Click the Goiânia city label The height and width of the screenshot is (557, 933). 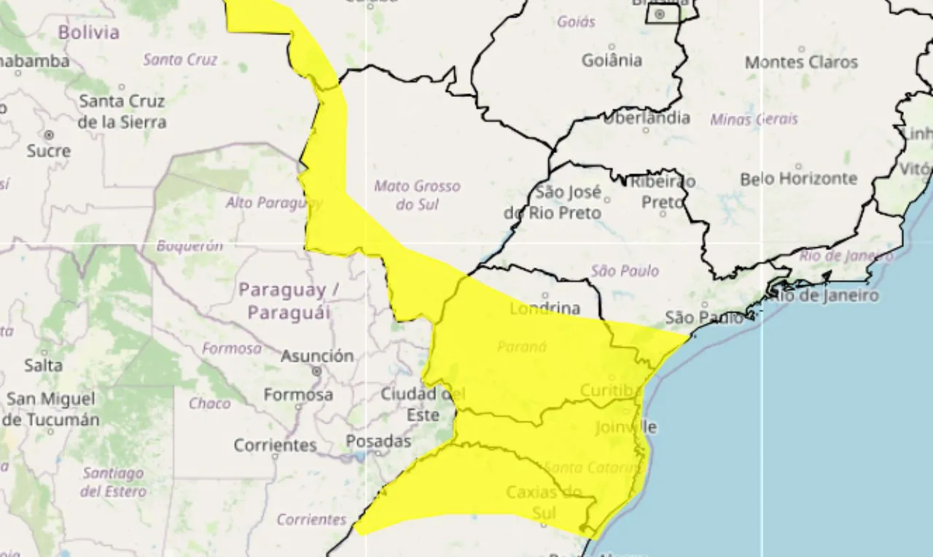[612, 61]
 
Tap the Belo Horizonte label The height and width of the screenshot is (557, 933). [799, 179]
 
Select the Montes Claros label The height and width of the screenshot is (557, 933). [801, 63]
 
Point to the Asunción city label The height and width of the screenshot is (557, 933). [317, 356]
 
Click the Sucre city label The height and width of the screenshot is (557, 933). [49, 151]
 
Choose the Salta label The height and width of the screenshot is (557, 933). [43, 365]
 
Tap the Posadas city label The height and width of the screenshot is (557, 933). [378, 442]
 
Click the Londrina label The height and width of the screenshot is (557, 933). [544, 308]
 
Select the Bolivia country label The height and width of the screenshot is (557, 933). [88, 33]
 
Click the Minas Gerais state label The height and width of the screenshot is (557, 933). [754, 119]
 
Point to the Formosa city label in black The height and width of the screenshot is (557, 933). [297, 395]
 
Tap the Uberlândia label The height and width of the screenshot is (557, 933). [647, 117]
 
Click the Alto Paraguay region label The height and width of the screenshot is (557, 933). [273, 202]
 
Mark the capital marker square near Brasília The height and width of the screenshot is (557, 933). [660, 14]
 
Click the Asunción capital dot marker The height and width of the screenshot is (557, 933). [316, 371]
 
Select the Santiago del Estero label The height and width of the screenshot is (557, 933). [113, 482]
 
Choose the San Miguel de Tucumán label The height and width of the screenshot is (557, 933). [51, 409]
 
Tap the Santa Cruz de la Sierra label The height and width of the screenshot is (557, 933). [122, 111]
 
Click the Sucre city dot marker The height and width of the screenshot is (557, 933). [49, 135]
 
